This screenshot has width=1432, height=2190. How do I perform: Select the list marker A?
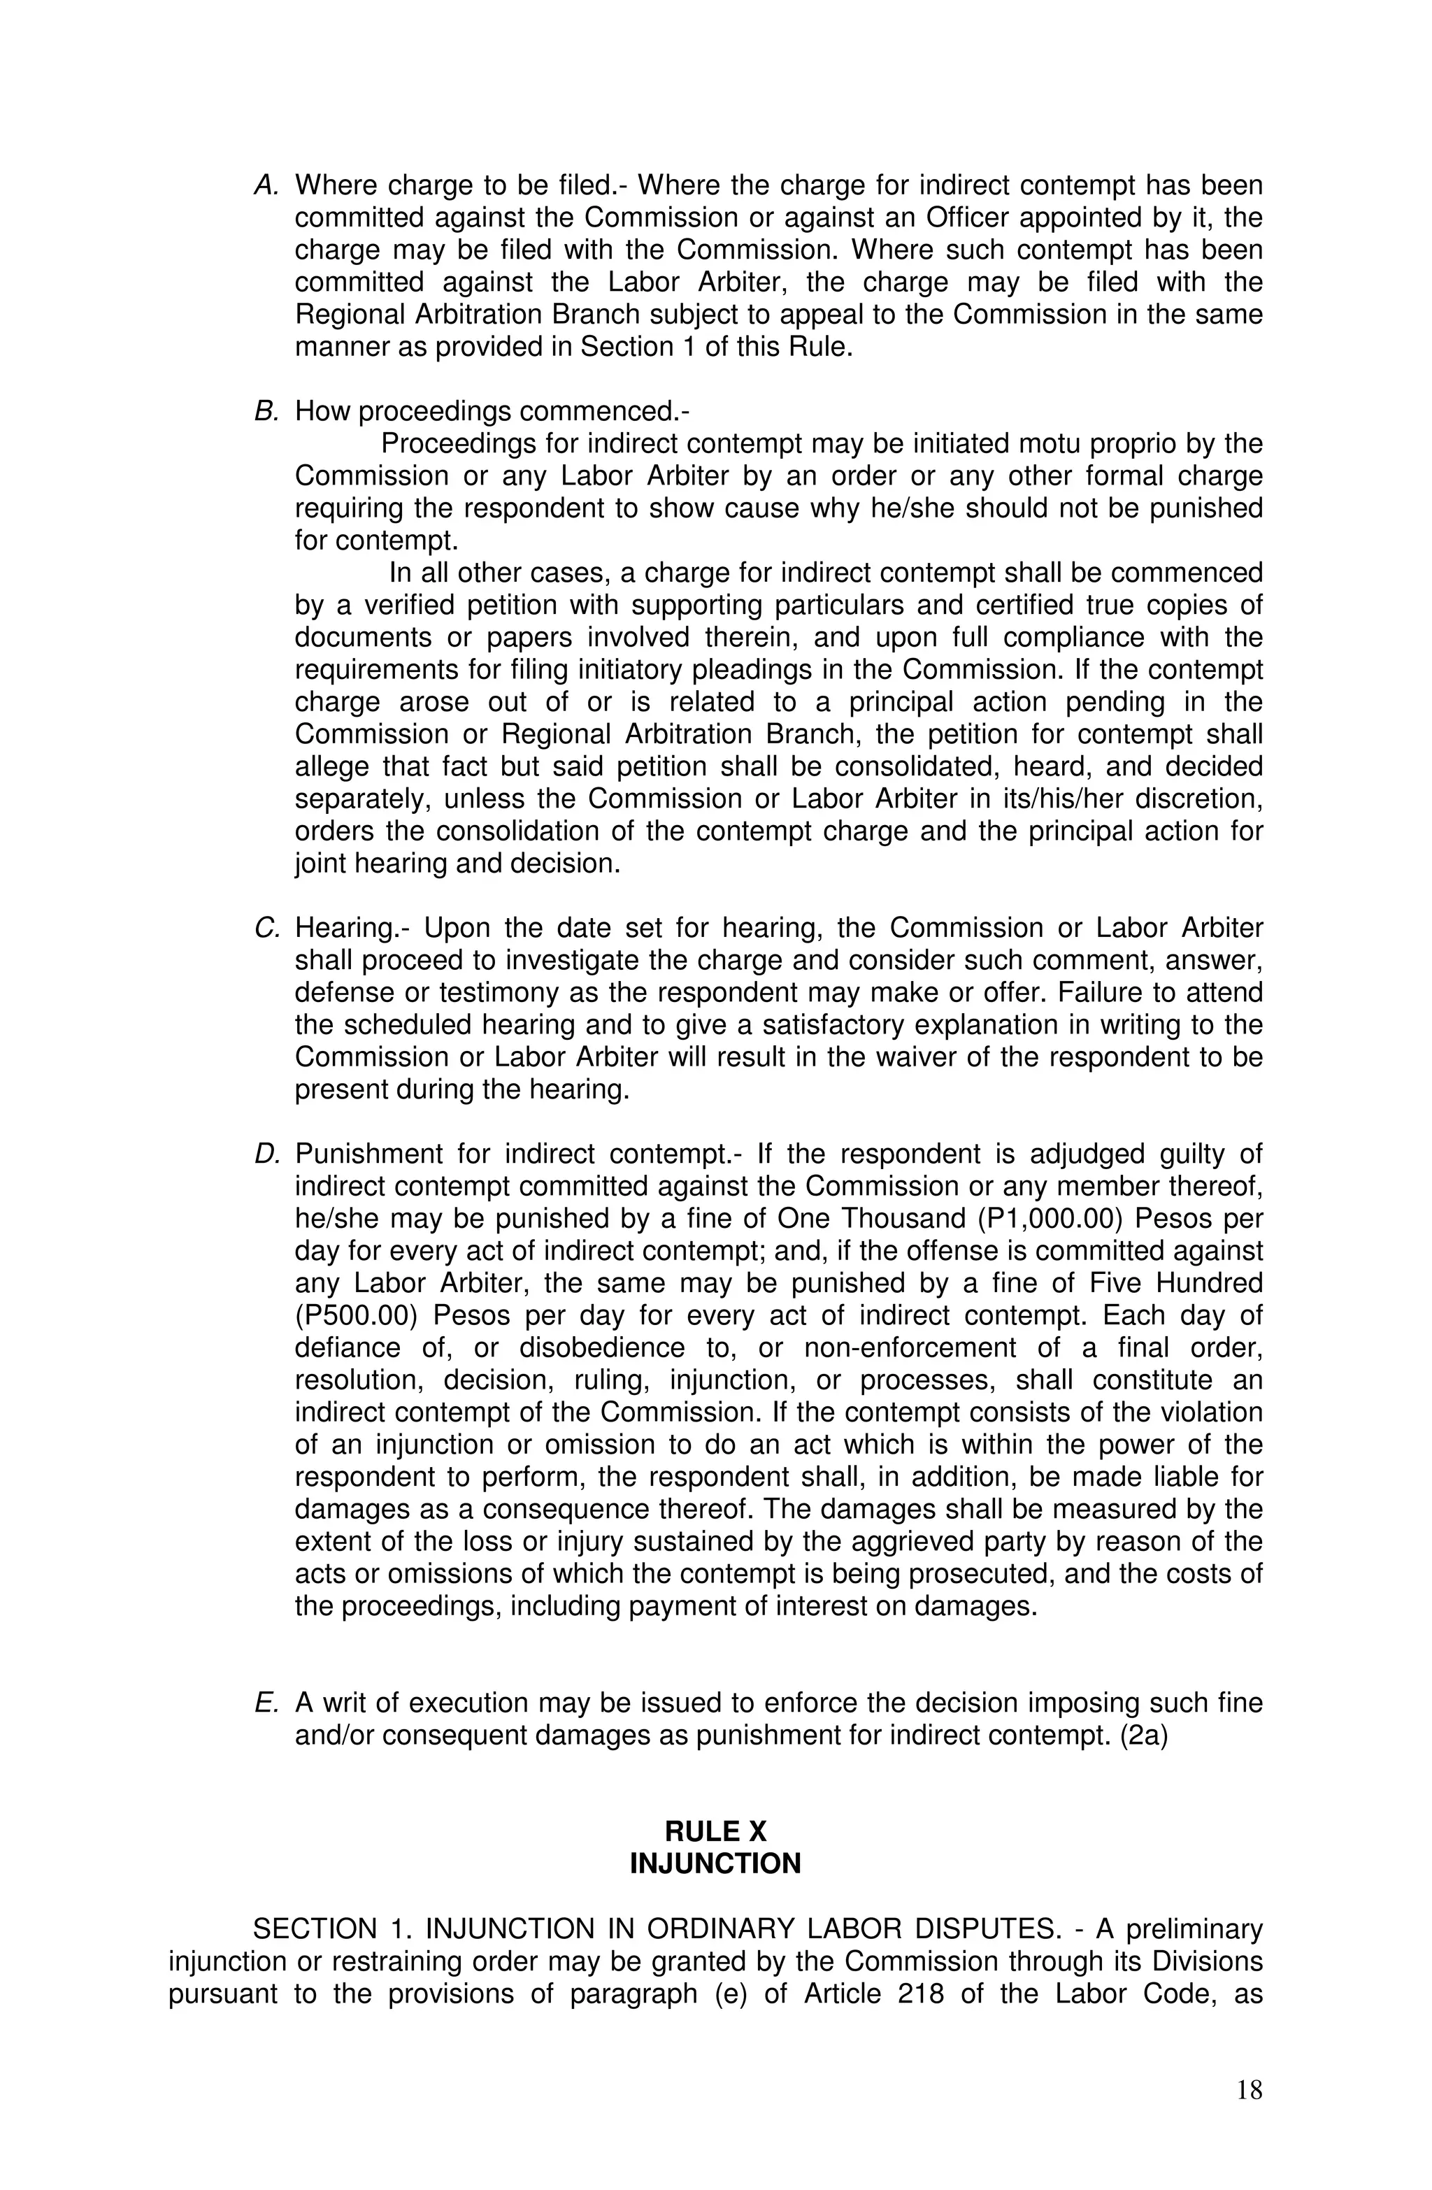tap(266, 186)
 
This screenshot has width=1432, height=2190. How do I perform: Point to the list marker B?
tap(266, 411)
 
